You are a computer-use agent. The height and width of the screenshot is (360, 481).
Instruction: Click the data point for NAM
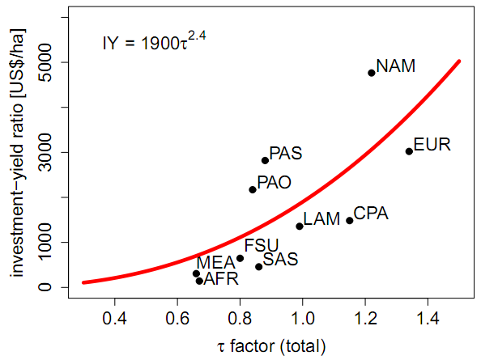click(x=372, y=73)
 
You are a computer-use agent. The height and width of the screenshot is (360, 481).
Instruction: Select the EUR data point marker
click(x=409, y=151)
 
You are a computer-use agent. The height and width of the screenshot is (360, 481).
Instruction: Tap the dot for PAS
click(x=265, y=160)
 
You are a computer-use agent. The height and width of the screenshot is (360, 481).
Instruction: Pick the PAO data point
click(x=253, y=189)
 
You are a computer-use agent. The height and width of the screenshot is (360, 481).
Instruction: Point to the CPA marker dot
click(x=350, y=220)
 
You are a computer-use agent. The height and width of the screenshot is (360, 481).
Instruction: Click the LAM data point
click(x=300, y=226)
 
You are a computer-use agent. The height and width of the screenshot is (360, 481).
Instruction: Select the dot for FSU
click(x=240, y=258)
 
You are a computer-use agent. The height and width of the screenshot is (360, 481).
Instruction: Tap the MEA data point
click(x=196, y=273)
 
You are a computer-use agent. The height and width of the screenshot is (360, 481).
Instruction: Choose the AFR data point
click(x=199, y=281)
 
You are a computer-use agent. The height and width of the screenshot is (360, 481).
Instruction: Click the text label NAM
click(x=396, y=66)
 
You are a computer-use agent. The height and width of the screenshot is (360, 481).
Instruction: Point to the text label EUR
click(x=432, y=146)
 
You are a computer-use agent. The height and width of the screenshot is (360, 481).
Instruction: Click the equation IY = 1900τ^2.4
click(x=154, y=41)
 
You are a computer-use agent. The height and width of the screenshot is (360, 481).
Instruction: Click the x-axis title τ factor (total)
click(x=271, y=346)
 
